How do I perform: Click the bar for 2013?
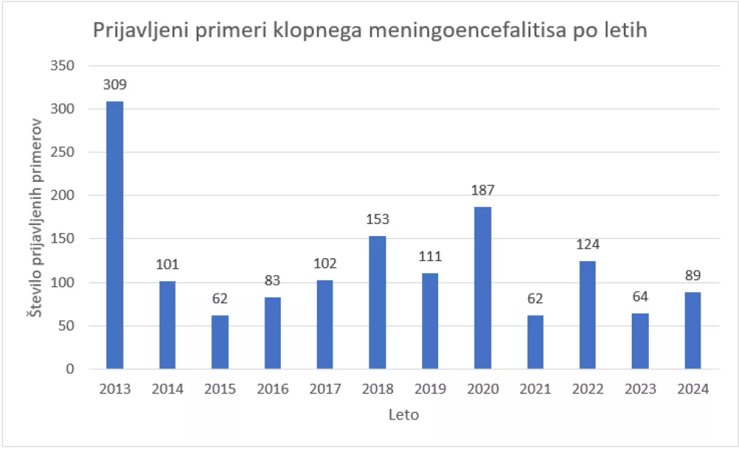click(115, 235)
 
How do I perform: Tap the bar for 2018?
click(377, 303)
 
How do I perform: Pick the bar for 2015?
click(219, 342)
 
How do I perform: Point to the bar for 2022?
click(588, 315)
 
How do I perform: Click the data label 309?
click(115, 85)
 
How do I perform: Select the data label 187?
click(483, 191)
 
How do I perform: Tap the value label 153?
click(377, 220)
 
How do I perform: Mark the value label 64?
click(640, 297)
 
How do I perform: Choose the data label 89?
click(692, 276)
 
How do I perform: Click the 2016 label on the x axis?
click(272, 389)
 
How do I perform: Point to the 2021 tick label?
click(535, 389)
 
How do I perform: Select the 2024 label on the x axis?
click(692, 389)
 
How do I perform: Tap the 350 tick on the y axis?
click(66, 66)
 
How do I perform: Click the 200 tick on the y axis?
click(66, 196)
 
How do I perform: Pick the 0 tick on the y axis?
click(72, 369)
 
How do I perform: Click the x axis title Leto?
click(403, 415)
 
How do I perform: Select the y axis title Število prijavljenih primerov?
click(34, 217)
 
